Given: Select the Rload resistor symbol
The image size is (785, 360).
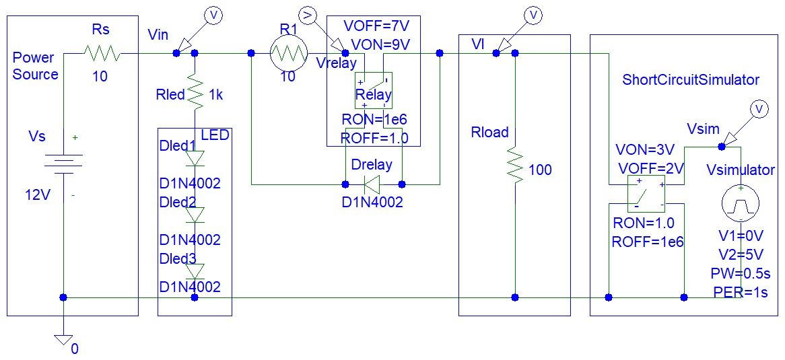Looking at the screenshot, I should tap(515, 166).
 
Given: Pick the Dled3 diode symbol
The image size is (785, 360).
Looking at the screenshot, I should tap(196, 271).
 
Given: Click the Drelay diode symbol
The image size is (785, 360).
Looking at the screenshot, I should tap(372, 183).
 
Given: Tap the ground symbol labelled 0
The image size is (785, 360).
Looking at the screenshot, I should tap(64, 339).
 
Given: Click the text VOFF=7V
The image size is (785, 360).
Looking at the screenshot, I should tap(376, 26).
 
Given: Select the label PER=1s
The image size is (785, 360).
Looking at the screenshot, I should tap(739, 293).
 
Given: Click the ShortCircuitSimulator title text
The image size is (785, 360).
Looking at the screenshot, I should tap(691, 79).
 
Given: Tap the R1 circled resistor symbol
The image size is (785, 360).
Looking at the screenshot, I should tap(288, 53).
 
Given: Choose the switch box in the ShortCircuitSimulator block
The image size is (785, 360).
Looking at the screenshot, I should tap(645, 194).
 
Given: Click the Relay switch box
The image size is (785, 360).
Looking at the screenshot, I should tap(373, 90).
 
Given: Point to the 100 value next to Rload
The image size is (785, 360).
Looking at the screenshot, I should tap(540, 170).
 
